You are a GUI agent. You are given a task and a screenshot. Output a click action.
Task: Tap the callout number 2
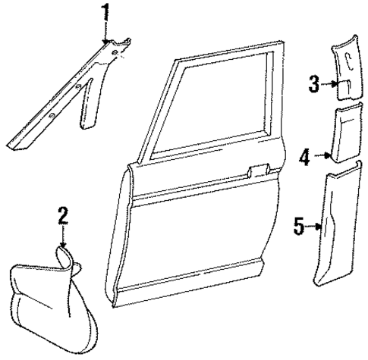(64, 216)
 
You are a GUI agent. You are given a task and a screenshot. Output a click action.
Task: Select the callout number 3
(313, 84)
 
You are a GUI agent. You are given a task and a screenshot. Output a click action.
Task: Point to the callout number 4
(304, 158)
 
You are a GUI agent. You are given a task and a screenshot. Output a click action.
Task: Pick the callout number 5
(299, 225)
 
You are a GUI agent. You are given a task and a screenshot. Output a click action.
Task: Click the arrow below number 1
(106, 33)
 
